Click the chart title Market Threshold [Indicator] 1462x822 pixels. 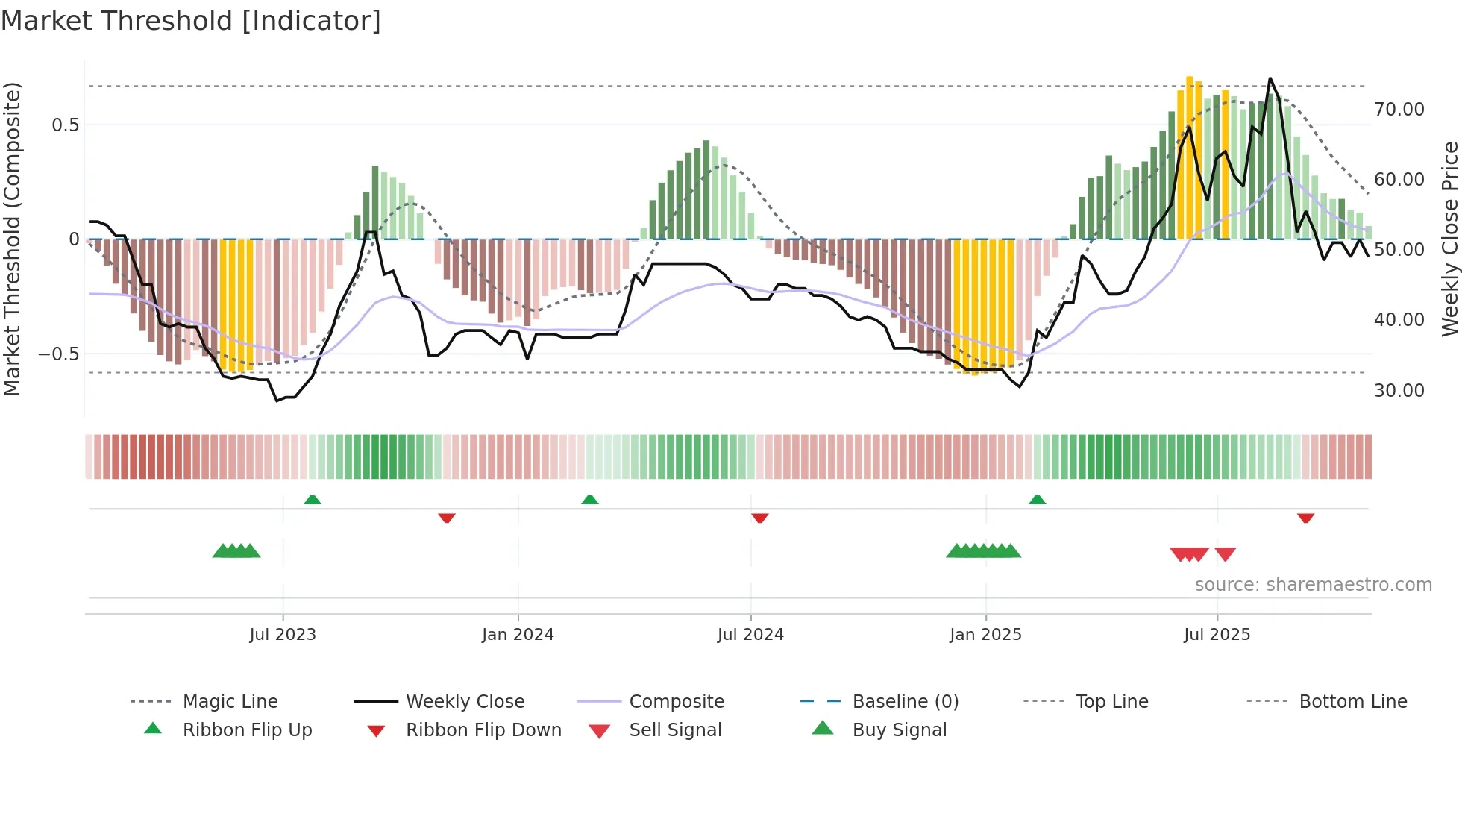pyautogui.click(x=191, y=21)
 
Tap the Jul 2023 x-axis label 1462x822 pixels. pyautogui.click(x=283, y=635)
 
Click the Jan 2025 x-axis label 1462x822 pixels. pyautogui.click(x=985, y=635)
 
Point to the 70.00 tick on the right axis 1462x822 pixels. pyautogui.click(x=1399, y=110)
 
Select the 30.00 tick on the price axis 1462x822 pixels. pyautogui.click(x=1399, y=390)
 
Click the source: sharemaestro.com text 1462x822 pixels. pyautogui.click(x=1313, y=585)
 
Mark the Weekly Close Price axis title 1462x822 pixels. pyautogui.click(x=1449, y=239)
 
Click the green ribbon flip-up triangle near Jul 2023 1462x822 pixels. pyautogui.click(x=313, y=500)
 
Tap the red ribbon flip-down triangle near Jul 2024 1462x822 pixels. pyautogui.click(x=759, y=518)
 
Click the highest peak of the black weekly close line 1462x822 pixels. pyautogui.click(x=1270, y=78)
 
